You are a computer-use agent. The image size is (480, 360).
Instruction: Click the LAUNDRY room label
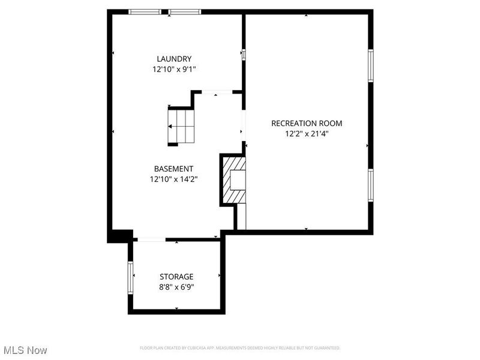pyautogui.click(x=174, y=59)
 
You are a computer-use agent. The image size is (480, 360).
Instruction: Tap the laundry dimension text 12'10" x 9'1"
pyautogui.click(x=174, y=69)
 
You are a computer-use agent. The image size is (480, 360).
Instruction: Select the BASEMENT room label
pyautogui.click(x=173, y=169)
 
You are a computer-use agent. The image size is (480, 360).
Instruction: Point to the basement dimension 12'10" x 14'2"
pyautogui.click(x=174, y=179)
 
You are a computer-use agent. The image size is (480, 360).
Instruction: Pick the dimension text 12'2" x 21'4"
pyautogui.click(x=307, y=134)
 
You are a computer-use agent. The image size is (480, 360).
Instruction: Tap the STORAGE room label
pyautogui.click(x=176, y=277)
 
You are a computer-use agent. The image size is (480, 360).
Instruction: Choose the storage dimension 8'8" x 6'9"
pyautogui.click(x=176, y=287)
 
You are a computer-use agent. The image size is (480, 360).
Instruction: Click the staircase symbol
pyautogui.click(x=181, y=127)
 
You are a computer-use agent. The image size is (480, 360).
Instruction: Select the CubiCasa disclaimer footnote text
pyautogui.click(x=240, y=348)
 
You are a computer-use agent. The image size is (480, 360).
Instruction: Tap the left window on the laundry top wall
pyautogui.click(x=145, y=11)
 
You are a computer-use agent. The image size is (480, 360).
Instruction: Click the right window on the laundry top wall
pyautogui.click(x=184, y=11)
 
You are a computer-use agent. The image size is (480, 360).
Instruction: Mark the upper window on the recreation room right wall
pyautogui.click(x=371, y=65)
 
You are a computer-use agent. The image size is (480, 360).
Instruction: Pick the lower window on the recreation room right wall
pyautogui.click(x=371, y=186)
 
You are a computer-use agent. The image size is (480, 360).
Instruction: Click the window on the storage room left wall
pyautogui.click(x=130, y=277)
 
